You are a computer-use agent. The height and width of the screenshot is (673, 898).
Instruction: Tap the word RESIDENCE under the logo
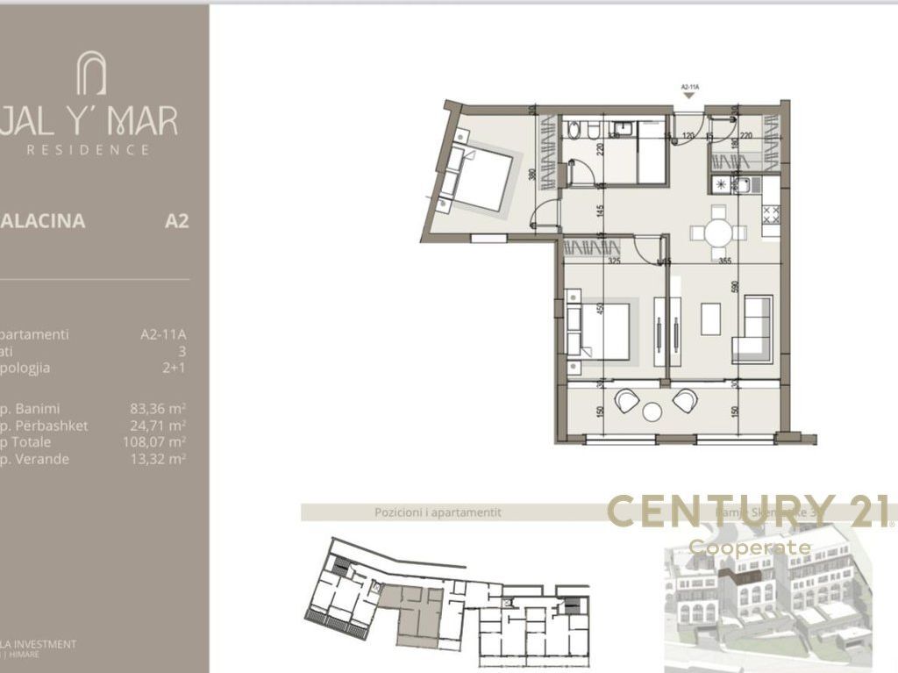click(89, 150)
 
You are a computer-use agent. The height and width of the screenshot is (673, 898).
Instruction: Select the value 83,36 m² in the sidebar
click(158, 408)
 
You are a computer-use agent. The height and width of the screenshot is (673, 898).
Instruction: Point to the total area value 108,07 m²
click(154, 442)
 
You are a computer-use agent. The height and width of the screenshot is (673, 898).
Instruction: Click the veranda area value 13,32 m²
click(158, 459)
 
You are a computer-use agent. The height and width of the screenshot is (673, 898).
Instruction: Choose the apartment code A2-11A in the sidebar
click(164, 334)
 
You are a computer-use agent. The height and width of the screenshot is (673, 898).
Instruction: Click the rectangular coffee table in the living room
click(711, 319)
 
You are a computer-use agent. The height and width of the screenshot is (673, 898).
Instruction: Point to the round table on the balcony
click(652, 412)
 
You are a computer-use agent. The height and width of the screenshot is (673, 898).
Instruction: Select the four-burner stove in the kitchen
click(773, 213)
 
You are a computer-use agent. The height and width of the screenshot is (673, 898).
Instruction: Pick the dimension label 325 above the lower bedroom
click(614, 261)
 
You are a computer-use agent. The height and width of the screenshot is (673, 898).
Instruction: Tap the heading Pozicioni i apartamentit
click(438, 512)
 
